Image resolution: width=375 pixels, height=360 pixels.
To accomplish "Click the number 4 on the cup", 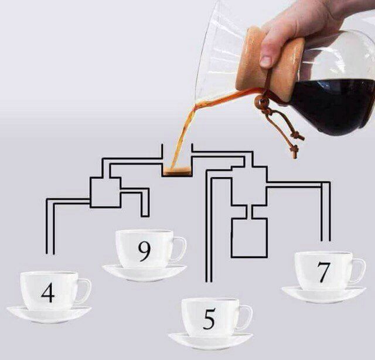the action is (x=48, y=293).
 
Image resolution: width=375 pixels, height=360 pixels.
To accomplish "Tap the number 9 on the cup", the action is (x=145, y=252).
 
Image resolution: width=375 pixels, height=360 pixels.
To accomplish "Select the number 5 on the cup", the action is (x=209, y=319).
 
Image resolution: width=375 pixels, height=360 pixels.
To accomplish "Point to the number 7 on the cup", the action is (x=324, y=272).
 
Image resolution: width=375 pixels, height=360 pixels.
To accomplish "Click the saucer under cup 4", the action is (x=49, y=315).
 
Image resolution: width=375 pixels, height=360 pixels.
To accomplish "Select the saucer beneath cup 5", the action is (x=210, y=342).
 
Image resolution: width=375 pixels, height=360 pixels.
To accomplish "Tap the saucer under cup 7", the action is (x=324, y=295).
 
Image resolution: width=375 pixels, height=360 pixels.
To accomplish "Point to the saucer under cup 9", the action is (x=145, y=273).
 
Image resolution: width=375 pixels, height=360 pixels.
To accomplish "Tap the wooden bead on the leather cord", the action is (x=260, y=102).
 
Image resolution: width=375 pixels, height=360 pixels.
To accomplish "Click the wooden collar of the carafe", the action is (x=270, y=64).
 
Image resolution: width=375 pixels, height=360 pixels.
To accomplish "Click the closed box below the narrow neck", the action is (x=249, y=237).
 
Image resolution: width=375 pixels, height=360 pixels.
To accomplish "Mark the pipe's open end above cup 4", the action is (x=50, y=254).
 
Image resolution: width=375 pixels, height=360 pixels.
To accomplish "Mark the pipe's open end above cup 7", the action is (x=326, y=240).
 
